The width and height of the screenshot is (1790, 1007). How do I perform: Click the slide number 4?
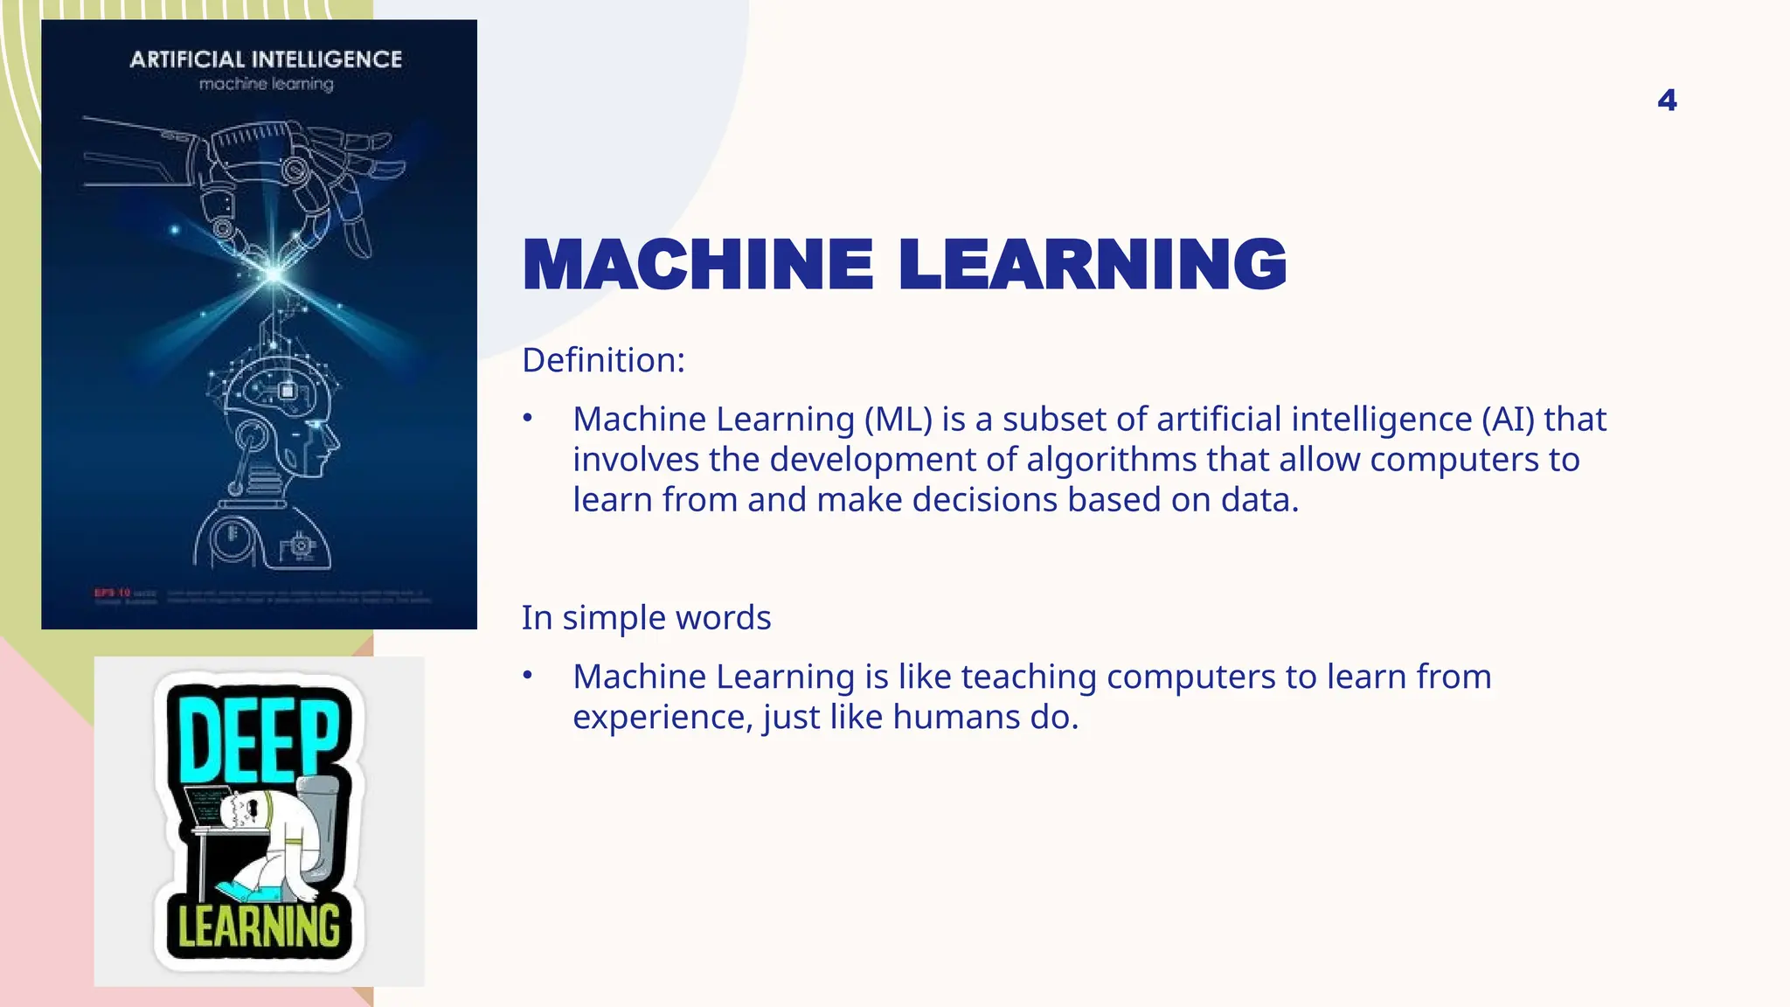pyautogui.click(x=1667, y=101)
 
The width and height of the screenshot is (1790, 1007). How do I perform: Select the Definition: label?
pyautogui.click(x=603, y=360)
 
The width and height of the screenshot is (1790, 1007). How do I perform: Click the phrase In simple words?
pyautogui.click(x=646, y=618)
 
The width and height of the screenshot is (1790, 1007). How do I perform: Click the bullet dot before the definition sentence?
pyautogui.click(x=527, y=419)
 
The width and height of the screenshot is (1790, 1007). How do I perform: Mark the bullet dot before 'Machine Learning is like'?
pyautogui.click(x=527, y=676)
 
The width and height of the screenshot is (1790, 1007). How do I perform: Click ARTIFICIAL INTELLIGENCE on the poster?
pyautogui.click(x=266, y=59)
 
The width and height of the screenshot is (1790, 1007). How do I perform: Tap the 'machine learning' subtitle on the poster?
pyautogui.click(x=266, y=84)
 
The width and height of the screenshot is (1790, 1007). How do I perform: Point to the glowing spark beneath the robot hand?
pyautogui.click(x=274, y=274)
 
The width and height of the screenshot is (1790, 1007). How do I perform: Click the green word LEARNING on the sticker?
pyautogui.click(x=259, y=927)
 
